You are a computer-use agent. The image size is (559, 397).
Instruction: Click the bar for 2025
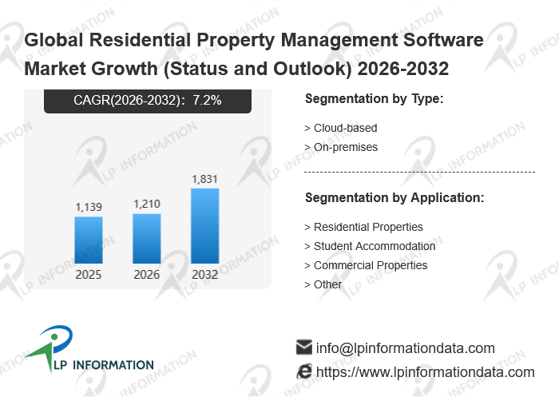point(89,240)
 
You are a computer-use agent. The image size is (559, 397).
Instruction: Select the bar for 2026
point(147,238)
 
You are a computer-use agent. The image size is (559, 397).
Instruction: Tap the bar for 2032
point(205,226)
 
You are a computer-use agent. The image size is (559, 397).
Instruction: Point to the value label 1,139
point(89,208)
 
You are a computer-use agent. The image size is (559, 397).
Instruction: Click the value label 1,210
point(147,204)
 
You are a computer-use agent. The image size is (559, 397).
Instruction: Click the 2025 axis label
point(89,275)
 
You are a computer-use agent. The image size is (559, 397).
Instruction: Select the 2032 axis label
point(205,275)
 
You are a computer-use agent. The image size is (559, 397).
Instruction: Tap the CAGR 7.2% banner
point(148,101)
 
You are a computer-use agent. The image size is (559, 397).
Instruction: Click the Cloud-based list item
point(341,128)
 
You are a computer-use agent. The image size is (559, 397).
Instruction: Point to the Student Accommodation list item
point(370,246)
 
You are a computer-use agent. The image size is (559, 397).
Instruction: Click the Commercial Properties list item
point(366,265)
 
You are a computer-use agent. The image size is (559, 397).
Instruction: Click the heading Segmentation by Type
point(374,99)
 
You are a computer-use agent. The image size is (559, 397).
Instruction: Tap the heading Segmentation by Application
point(394,197)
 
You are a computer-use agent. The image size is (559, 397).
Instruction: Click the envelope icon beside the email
point(303,347)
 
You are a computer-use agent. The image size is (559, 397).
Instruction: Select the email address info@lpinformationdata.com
point(406,348)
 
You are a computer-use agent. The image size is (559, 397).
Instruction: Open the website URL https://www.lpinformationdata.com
point(425,372)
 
